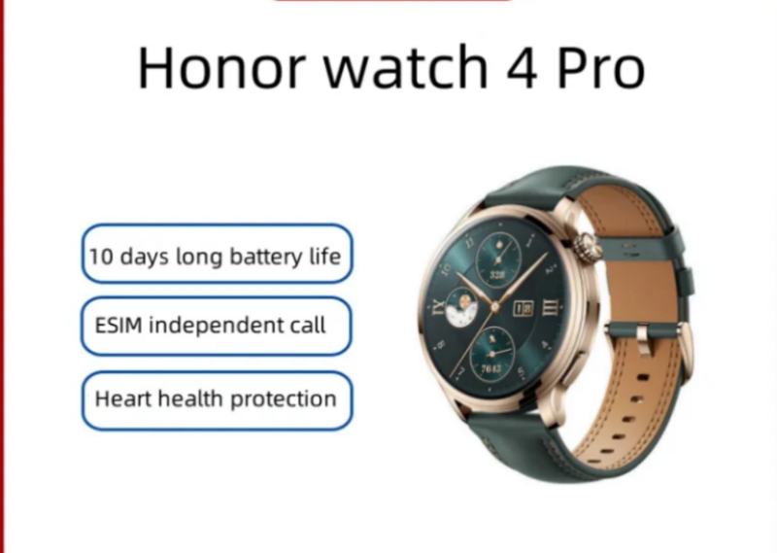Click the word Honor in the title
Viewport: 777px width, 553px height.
pyautogui.click(x=220, y=67)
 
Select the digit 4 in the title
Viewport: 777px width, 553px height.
pyautogui.click(x=523, y=67)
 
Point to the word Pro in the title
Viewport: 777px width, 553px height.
pyautogui.click(x=601, y=67)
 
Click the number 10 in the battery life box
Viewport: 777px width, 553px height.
pyautogui.click(x=101, y=257)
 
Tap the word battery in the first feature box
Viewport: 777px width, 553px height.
pyautogui.click(x=265, y=257)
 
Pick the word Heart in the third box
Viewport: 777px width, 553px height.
pyautogui.click(x=123, y=398)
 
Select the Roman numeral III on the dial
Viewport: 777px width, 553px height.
pyautogui.click(x=550, y=307)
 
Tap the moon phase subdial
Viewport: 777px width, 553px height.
pyautogui.click(x=462, y=307)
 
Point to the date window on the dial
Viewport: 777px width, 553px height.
pyautogui.click(x=524, y=308)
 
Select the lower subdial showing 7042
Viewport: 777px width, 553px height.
pyautogui.click(x=492, y=354)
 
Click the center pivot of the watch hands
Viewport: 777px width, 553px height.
pyautogui.click(x=494, y=307)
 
